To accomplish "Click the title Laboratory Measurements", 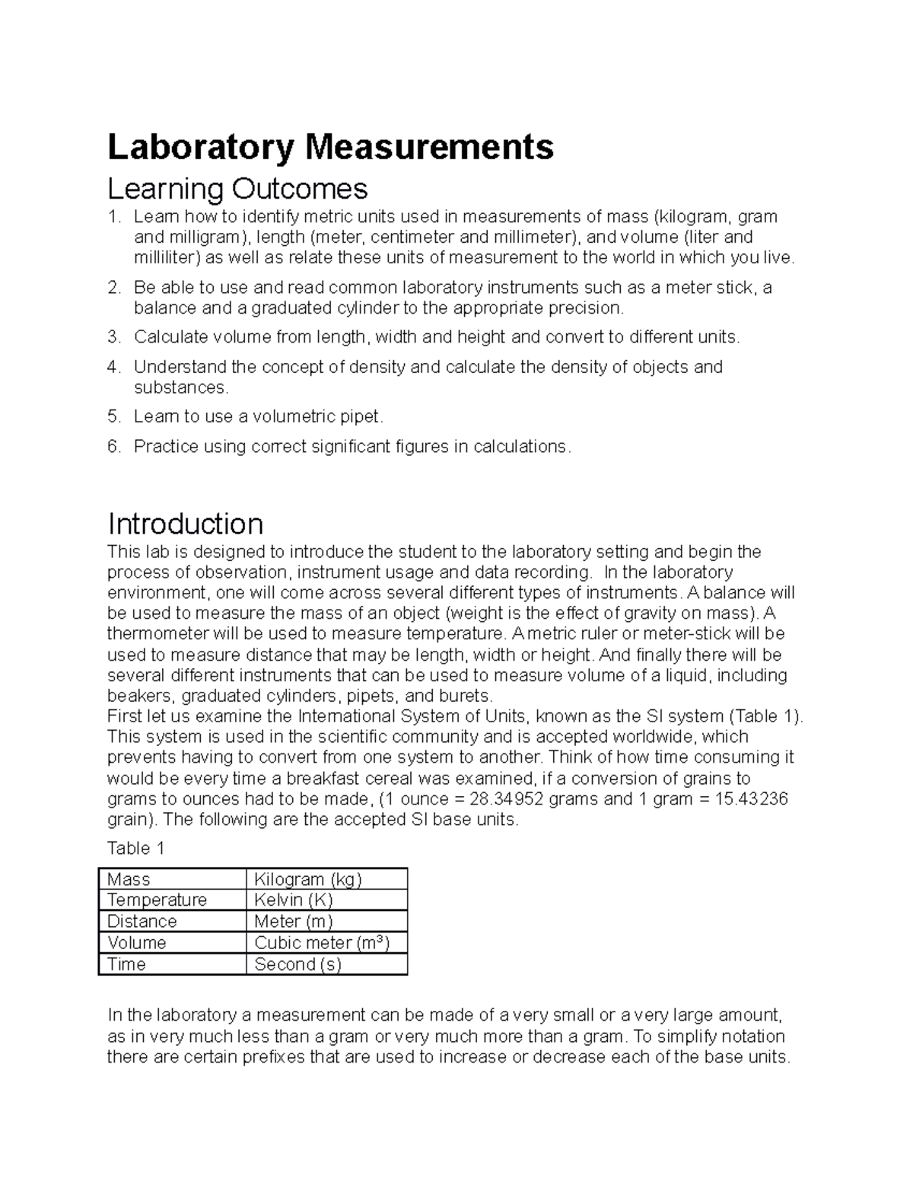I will click(330, 147).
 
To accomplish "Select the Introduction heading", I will click(186, 524).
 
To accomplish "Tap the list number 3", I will click(114, 337).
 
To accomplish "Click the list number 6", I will click(114, 447).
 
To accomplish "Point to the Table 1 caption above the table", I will click(136, 848).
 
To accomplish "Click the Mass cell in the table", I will click(129, 879).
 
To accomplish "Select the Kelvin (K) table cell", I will click(294, 900).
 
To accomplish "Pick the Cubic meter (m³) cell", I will click(322, 942).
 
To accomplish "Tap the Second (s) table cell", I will click(297, 964).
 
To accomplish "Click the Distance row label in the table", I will click(142, 921).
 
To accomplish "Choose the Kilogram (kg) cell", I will click(308, 879).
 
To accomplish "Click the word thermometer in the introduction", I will click(154, 634).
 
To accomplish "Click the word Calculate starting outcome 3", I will click(170, 337).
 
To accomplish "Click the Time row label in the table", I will click(126, 964).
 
